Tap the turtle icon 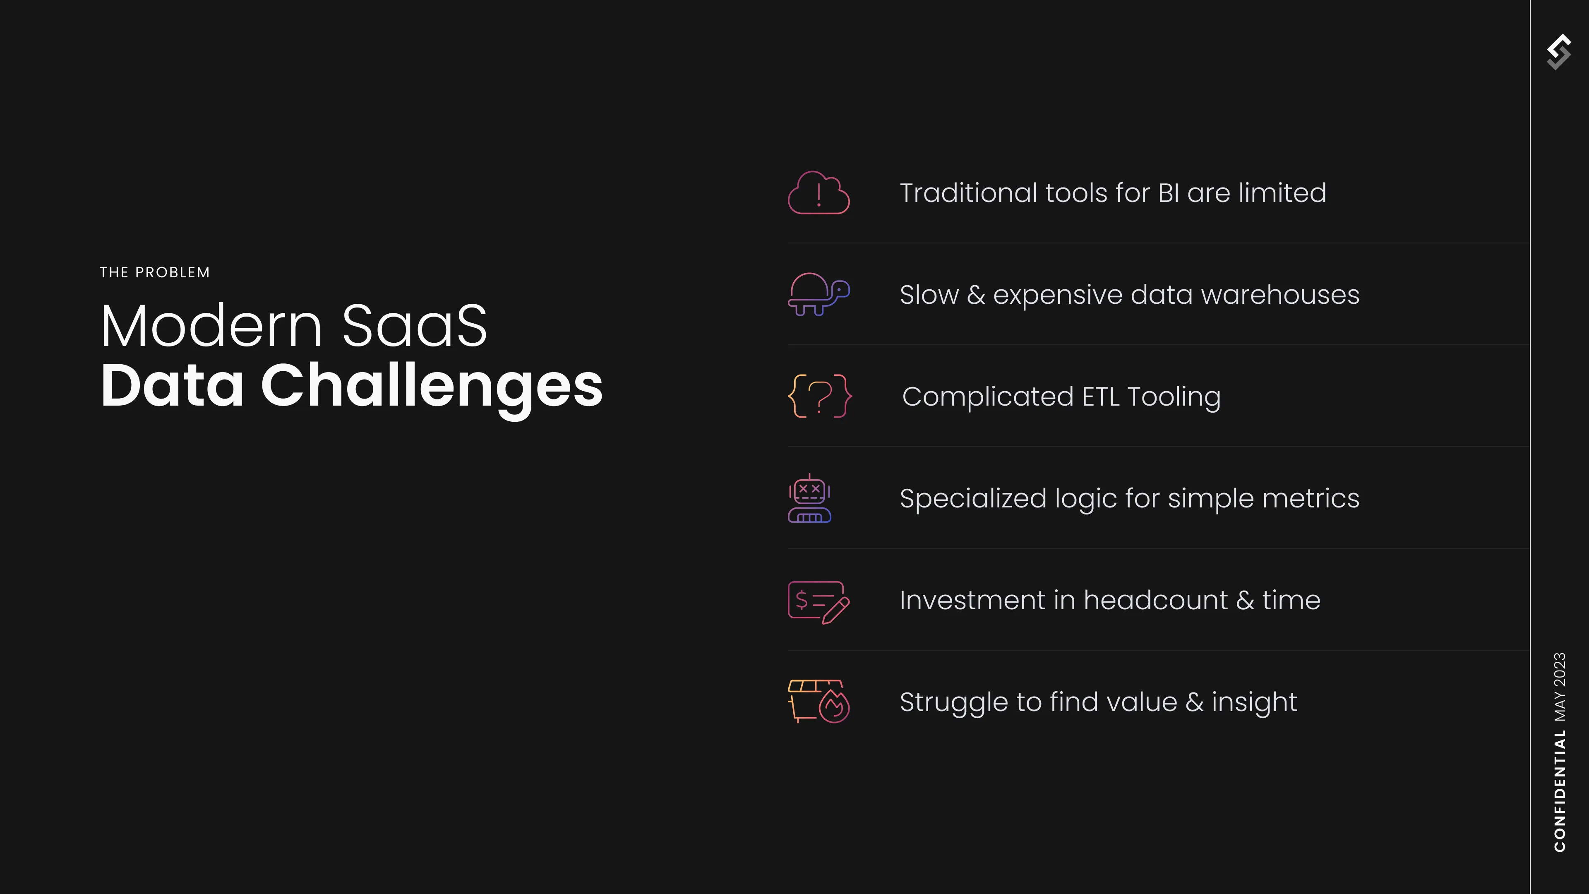(819, 294)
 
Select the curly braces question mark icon (820, 396)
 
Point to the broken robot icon (809, 498)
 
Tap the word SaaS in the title (415, 326)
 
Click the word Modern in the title (211, 326)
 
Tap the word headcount (1155, 600)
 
